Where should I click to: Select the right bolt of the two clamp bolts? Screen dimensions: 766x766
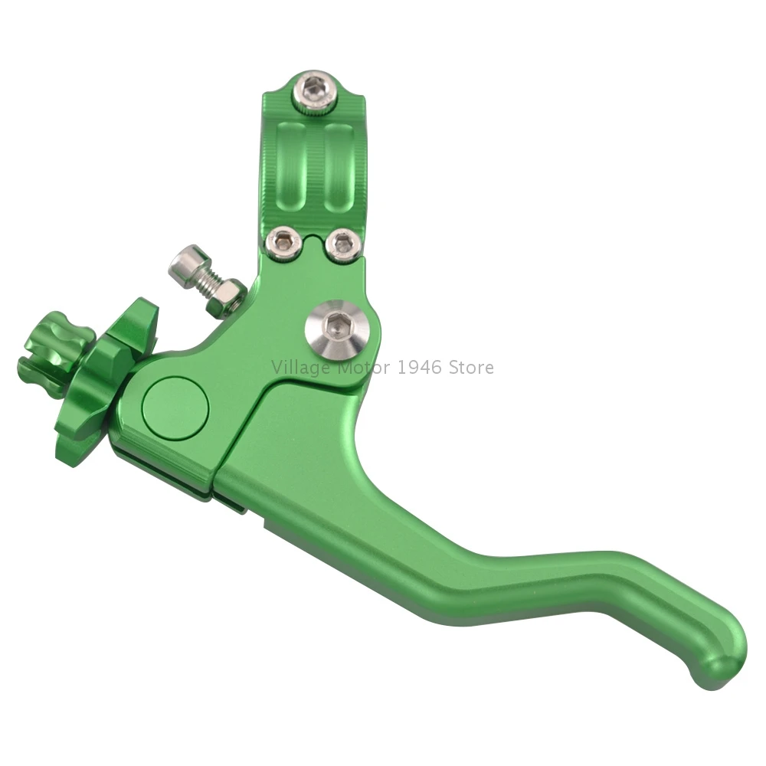click(x=342, y=244)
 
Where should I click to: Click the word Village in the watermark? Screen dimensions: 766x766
click(x=301, y=368)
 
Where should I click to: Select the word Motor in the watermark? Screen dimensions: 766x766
click(x=365, y=368)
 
